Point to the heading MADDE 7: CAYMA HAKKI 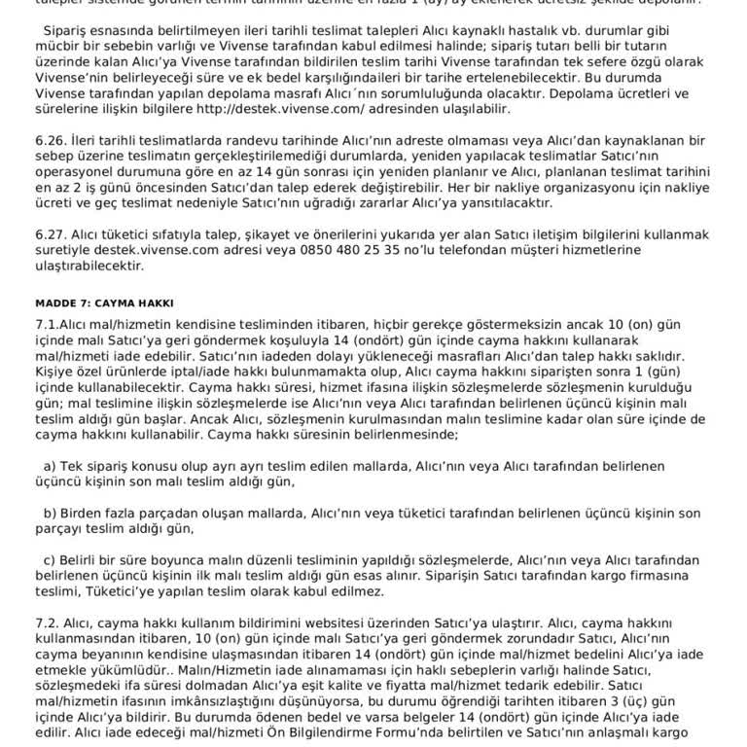104,302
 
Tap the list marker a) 50,466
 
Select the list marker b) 50,513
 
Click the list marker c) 50,559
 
